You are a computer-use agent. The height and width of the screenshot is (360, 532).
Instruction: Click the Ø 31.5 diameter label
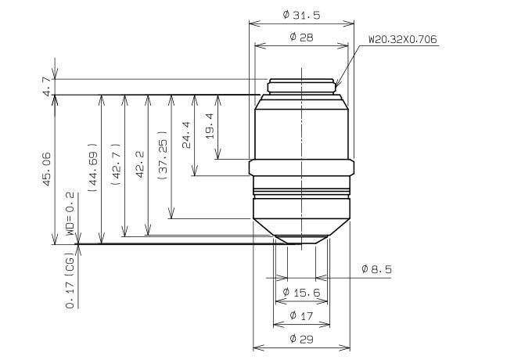[301, 15]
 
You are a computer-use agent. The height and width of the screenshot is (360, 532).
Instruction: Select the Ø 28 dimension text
[301, 37]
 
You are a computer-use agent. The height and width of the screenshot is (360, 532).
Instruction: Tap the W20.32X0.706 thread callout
[403, 39]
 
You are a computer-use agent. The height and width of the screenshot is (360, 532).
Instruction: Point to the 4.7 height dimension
[47, 87]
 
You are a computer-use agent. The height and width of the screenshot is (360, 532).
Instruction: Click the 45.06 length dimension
[46, 169]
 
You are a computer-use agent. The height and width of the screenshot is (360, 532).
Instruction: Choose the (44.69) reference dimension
[92, 167]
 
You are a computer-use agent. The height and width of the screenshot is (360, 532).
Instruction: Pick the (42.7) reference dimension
[116, 164]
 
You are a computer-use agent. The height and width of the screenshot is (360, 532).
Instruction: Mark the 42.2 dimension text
[140, 164]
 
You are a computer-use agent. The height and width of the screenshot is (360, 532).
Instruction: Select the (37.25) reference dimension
[163, 155]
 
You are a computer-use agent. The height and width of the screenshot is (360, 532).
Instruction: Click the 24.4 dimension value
[186, 135]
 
